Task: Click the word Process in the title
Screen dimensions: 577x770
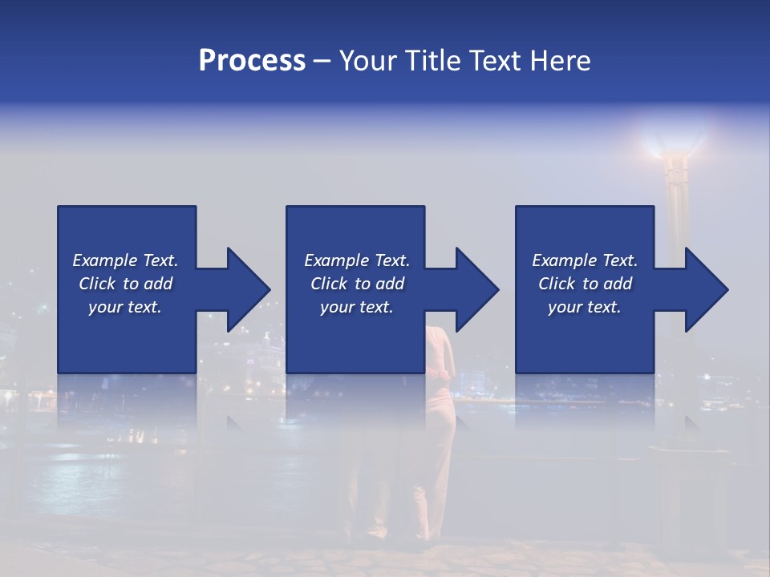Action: point(252,61)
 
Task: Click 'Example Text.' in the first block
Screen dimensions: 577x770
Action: point(125,260)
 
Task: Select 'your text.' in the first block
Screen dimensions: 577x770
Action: point(125,307)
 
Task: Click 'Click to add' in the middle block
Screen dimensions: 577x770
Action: point(357,284)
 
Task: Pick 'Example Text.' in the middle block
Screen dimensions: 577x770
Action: point(357,260)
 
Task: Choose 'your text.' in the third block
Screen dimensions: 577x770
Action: point(585,307)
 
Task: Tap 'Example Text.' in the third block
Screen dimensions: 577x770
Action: point(585,260)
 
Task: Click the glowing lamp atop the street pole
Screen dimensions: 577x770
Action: point(673,144)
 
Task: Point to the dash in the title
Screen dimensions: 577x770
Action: point(322,61)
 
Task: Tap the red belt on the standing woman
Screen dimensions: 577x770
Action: point(438,370)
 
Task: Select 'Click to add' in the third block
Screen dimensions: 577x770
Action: point(585,284)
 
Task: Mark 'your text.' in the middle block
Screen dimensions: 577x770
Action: point(357,307)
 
